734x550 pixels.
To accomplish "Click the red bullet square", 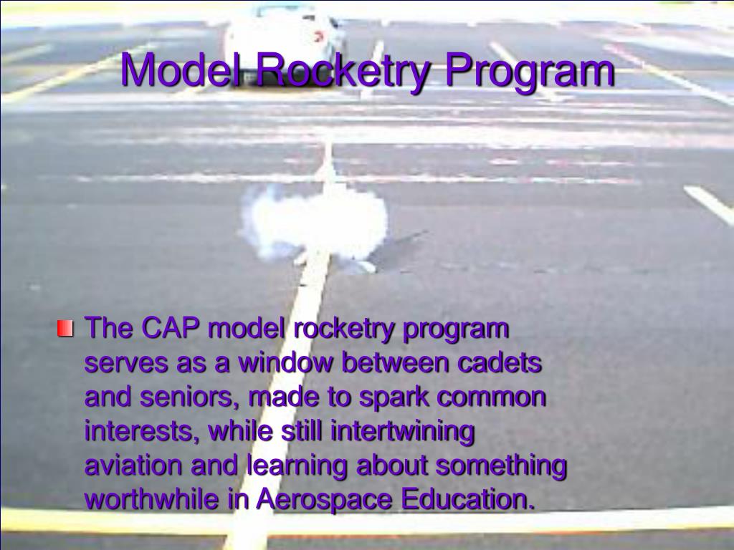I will tap(65, 329).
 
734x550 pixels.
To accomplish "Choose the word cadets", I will tap(500, 362).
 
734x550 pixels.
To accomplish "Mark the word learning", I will tap(297, 466).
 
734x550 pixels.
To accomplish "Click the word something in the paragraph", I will tap(501, 465).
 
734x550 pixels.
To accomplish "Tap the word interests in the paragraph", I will tap(143, 431).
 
